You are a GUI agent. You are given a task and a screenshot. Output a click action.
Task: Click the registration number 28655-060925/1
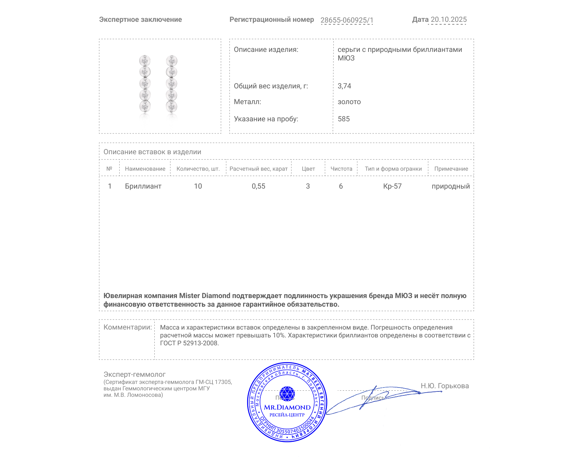(x=347, y=20)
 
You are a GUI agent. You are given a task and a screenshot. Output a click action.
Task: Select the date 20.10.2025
(x=448, y=20)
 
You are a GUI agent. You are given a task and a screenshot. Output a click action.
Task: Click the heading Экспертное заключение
(x=140, y=20)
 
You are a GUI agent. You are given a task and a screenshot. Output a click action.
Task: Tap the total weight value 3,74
(x=344, y=86)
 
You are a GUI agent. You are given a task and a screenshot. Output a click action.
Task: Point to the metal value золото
(x=349, y=102)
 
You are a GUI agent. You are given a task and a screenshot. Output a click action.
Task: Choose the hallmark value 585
(x=343, y=119)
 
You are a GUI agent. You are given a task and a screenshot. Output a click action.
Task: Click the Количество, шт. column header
(x=198, y=169)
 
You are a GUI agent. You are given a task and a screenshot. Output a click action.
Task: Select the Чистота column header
(x=341, y=169)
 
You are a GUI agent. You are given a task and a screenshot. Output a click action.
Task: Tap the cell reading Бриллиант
(x=143, y=186)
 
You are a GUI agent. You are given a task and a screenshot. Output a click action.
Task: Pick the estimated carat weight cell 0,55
(x=258, y=186)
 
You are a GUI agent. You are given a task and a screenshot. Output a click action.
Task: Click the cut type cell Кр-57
(x=392, y=186)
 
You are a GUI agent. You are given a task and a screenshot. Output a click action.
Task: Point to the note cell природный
(x=451, y=186)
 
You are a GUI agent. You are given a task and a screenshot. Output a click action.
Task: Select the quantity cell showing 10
(x=198, y=186)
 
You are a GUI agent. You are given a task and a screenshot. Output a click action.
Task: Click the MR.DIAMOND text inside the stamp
(x=287, y=407)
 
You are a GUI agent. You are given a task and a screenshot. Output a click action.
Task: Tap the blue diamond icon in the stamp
(x=287, y=394)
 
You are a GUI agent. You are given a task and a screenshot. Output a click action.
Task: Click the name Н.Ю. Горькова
(x=444, y=386)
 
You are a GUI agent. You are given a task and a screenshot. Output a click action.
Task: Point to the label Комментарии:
(x=127, y=327)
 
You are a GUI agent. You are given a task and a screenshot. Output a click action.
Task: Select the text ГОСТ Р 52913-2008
(x=189, y=343)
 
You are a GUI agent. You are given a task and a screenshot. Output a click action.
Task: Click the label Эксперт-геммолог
(x=134, y=374)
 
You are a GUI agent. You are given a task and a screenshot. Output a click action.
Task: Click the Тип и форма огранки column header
(x=393, y=169)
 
